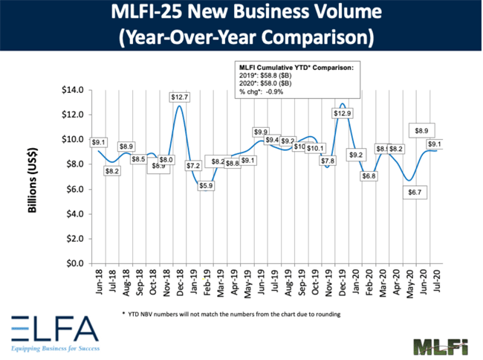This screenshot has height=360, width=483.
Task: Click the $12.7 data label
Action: click(178, 97)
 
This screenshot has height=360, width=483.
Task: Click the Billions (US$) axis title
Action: click(33, 176)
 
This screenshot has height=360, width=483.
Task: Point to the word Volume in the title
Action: click(333, 13)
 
